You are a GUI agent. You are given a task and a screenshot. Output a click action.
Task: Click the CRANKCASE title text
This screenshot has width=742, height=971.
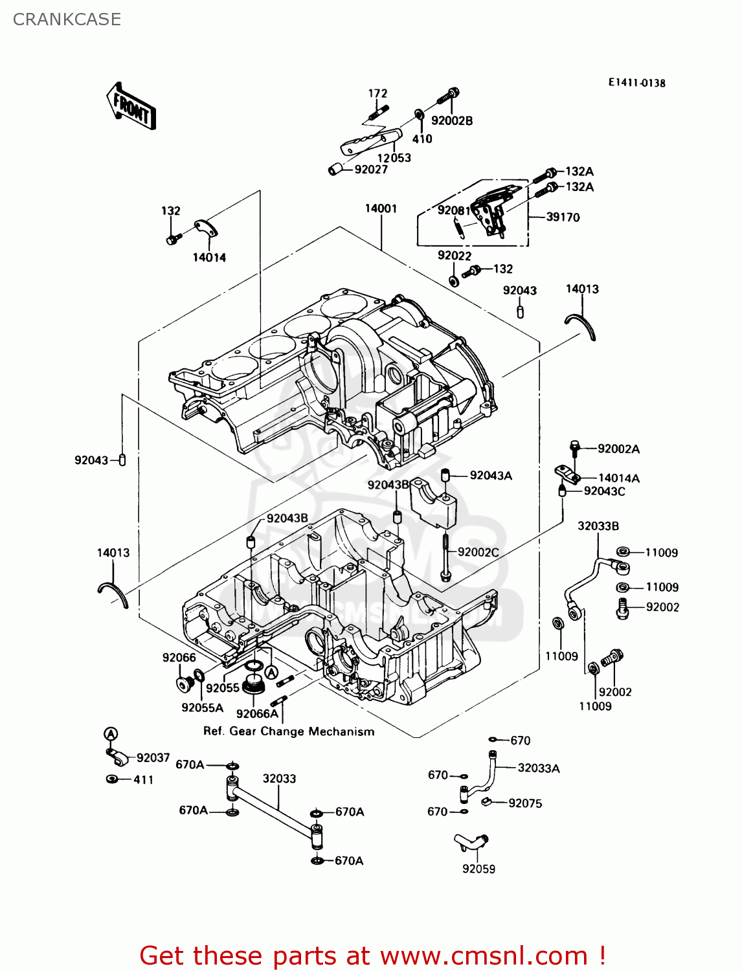[x=67, y=19]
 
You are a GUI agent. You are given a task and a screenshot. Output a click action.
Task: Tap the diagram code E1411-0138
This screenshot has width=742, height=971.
[x=636, y=83]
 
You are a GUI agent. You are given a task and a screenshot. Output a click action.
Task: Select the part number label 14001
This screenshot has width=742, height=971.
[x=381, y=208]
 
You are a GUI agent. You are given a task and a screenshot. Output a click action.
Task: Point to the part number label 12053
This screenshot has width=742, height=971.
[x=394, y=158]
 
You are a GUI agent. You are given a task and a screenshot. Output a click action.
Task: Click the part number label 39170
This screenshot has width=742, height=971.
[x=563, y=218]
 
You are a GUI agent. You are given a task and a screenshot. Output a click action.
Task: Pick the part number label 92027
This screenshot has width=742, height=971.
[x=371, y=170]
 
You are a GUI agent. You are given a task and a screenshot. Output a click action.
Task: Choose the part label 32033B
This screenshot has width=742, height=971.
[x=598, y=526]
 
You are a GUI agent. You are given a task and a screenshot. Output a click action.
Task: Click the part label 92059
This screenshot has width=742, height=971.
[x=478, y=869]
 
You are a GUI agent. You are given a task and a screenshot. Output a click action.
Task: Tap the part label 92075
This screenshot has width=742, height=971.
[x=525, y=803]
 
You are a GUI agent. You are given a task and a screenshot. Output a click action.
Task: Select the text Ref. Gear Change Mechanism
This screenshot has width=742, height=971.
[x=289, y=731]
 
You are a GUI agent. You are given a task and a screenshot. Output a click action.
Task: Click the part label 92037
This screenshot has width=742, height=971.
[x=153, y=758]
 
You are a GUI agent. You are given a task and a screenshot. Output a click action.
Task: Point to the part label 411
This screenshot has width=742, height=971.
[x=144, y=780]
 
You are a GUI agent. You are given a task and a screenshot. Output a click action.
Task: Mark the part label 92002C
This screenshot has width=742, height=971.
[x=478, y=552]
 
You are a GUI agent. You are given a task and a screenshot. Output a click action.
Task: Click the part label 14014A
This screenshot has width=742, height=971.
[x=618, y=478]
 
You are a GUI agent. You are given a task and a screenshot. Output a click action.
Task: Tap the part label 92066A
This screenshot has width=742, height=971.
[x=257, y=713]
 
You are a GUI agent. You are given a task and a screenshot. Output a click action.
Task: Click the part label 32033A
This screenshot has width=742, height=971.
[x=538, y=768]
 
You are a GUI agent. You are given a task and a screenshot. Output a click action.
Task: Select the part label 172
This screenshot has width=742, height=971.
[x=377, y=94]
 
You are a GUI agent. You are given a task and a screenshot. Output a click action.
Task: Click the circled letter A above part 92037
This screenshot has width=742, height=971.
[x=111, y=734]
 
